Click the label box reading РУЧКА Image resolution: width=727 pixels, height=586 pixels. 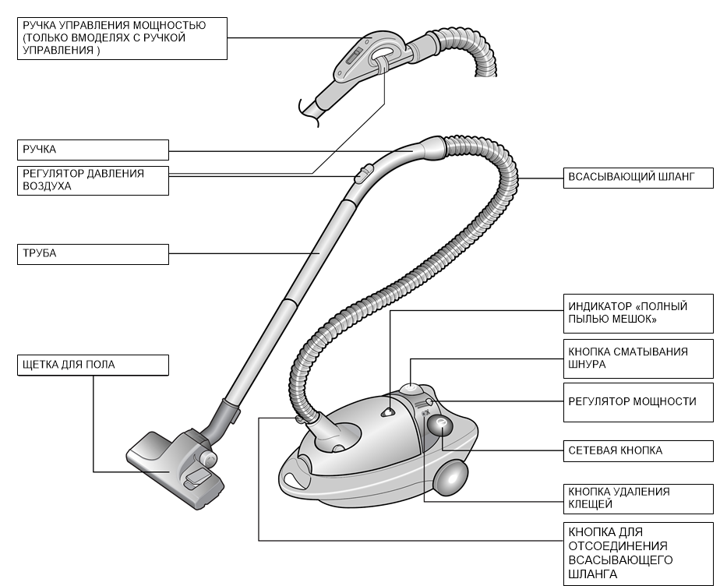click(92, 149)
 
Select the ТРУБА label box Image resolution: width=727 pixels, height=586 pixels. click(92, 255)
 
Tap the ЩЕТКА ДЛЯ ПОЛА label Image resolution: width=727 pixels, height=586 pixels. click(92, 364)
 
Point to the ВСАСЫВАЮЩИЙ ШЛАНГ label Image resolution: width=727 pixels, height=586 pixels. click(638, 178)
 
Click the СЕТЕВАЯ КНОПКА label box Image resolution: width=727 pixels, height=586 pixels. click(638, 450)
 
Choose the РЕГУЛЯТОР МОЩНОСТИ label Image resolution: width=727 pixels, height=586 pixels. click(638, 401)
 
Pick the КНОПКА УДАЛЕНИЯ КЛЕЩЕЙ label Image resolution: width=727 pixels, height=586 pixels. click(638, 498)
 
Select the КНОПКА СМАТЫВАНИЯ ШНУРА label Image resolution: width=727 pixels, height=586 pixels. click(638, 358)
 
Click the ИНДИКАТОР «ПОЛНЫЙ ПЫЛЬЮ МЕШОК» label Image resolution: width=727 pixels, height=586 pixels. click(638, 313)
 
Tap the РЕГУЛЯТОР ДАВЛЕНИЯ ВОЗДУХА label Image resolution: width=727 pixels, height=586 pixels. click(92, 180)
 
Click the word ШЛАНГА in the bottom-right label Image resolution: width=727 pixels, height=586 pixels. click(593, 574)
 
